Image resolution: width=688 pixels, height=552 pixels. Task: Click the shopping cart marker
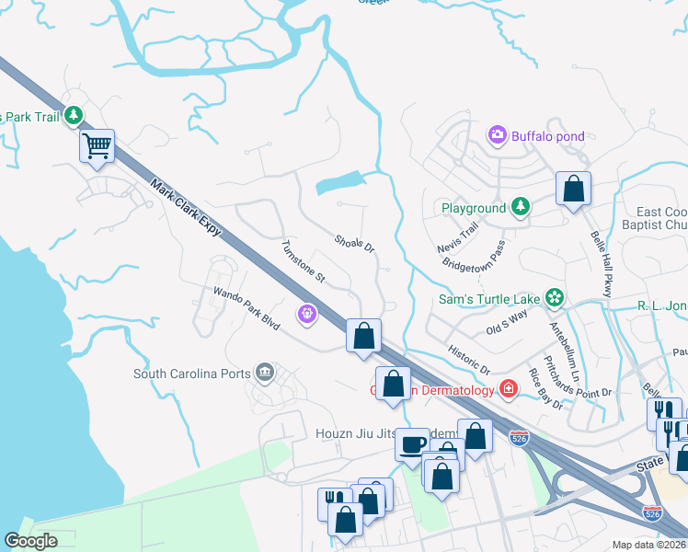[x=97, y=145]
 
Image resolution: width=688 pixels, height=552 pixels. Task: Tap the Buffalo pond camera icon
[x=498, y=136]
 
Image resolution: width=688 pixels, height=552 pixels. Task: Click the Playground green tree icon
[x=521, y=208]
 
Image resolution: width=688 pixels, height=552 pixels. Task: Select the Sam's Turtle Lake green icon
[x=554, y=296]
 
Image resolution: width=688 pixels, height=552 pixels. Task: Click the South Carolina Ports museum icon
[x=265, y=373]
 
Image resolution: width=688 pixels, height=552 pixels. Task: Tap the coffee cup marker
[x=412, y=443]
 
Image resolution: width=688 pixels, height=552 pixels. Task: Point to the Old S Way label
[x=506, y=324]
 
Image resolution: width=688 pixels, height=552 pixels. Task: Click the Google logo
[x=31, y=540]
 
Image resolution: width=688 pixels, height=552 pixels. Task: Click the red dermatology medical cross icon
[x=507, y=389]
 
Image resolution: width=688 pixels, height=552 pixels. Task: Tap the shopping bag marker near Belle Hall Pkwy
[x=574, y=190]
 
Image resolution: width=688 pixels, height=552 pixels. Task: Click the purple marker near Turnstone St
[x=307, y=315]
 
